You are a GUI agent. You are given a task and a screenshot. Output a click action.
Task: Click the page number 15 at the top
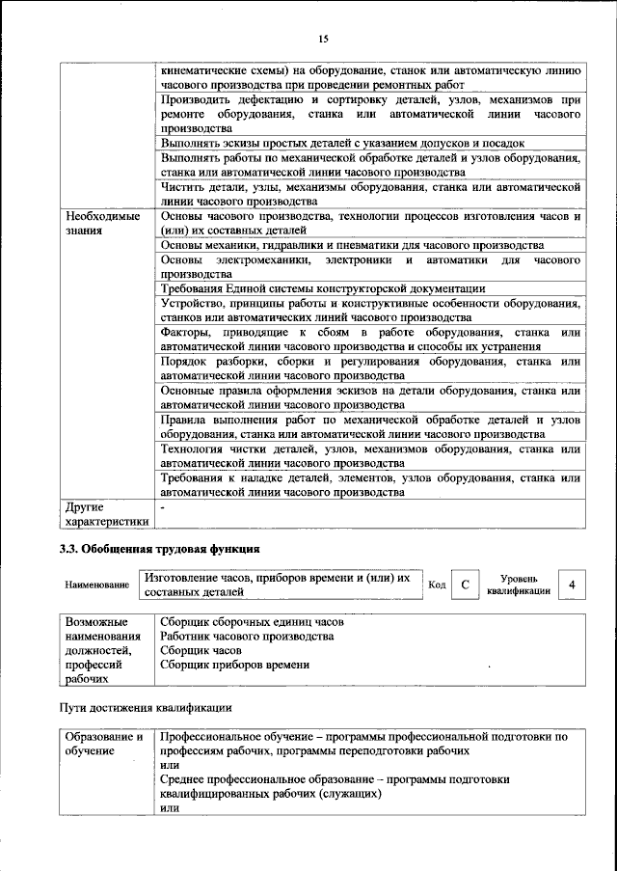323,39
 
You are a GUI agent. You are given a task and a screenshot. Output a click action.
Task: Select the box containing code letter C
465,585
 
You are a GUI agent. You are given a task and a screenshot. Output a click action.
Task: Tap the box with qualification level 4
573,585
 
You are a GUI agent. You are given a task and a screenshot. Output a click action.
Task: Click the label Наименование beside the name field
97,585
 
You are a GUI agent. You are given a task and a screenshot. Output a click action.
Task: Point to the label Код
436,585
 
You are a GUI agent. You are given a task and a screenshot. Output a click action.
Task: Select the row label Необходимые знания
96,225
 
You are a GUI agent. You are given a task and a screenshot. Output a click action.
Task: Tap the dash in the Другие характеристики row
163,504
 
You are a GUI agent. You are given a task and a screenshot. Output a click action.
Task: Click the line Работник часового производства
247,637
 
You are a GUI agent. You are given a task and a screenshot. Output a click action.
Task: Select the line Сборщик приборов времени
234,665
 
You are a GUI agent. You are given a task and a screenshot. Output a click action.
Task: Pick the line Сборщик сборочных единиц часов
252,622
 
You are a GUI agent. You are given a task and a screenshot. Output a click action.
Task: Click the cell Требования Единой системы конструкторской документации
322,288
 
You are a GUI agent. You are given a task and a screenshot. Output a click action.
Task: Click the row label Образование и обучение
103,743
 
